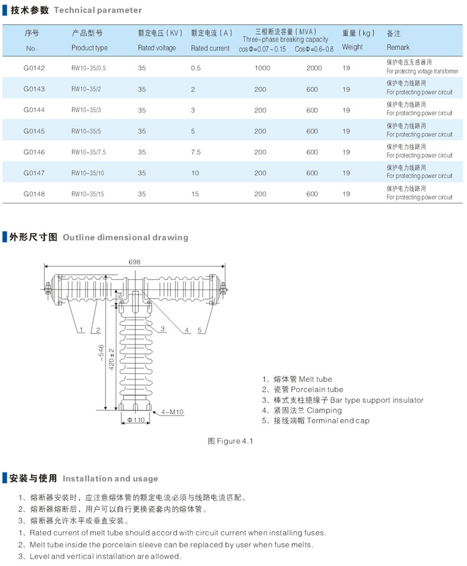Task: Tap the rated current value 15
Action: coord(195,194)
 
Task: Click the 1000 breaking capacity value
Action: coord(262,68)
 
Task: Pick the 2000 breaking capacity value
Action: coord(314,68)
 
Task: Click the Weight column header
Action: coord(352,47)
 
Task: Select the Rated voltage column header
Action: coord(157,48)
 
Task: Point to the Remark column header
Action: coord(399,47)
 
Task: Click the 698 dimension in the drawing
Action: coord(134,262)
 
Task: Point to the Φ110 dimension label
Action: coord(136,420)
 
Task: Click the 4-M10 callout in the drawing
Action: coord(171,412)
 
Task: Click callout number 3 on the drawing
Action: coord(162,328)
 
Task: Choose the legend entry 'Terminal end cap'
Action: coord(316,420)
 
